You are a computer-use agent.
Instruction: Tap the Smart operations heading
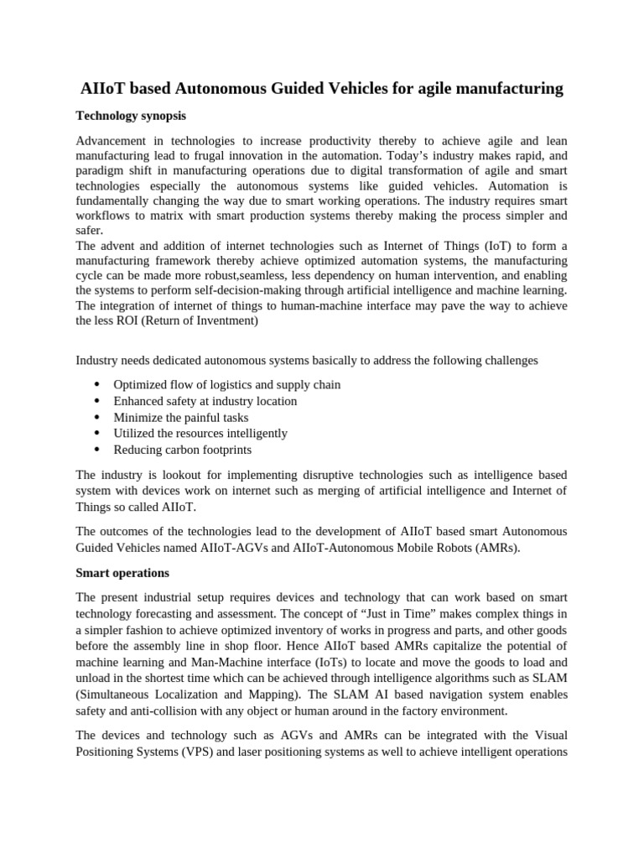click(x=122, y=573)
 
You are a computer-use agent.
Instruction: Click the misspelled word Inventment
click(x=226, y=320)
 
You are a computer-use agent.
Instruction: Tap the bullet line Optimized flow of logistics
click(x=226, y=385)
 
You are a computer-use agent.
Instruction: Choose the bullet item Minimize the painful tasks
click(x=180, y=417)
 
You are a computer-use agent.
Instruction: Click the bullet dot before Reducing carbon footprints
click(x=96, y=450)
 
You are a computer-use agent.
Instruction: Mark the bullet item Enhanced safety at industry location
click(x=205, y=401)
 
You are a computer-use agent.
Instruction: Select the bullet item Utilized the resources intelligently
click(x=200, y=433)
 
